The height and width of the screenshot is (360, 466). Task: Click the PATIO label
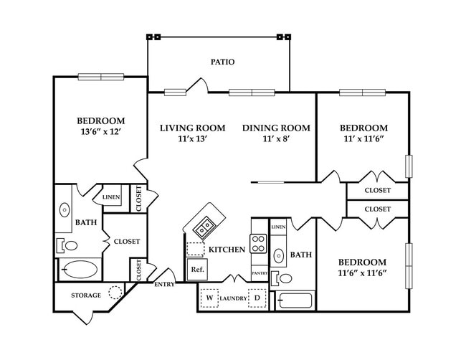(x=222, y=62)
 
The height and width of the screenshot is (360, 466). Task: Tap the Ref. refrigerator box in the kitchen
(x=197, y=270)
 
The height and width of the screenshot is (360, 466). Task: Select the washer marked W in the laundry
(x=209, y=298)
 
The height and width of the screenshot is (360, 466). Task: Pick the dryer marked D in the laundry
(x=257, y=298)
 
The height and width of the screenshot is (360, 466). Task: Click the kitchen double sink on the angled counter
(x=204, y=227)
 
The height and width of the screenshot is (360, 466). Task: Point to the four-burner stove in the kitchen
(x=258, y=244)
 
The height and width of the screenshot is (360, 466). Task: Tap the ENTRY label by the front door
(x=164, y=285)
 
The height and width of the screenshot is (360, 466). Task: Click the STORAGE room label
(x=86, y=295)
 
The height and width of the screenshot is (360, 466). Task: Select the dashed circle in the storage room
(x=115, y=292)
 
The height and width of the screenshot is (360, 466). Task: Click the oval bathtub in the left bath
(x=80, y=270)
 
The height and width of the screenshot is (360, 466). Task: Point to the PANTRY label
(x=260, y=273)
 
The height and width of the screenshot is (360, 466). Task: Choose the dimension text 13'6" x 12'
(x=100, y=131)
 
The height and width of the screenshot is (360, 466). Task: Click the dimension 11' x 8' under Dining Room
(x=276, y=138)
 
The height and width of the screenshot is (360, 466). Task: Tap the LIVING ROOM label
(x=193, y=128)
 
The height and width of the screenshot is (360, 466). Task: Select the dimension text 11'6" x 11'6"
(x=362, y=273)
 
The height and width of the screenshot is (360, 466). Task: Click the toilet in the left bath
(x=67, y=245)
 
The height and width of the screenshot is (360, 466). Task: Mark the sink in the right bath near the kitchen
(x=278, y=256)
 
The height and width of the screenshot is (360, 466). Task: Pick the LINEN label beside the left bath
(x=111, y=197)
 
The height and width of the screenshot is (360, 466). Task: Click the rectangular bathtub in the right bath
(x=295, y=300)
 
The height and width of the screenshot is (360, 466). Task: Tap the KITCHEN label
(x=227, y=250)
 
